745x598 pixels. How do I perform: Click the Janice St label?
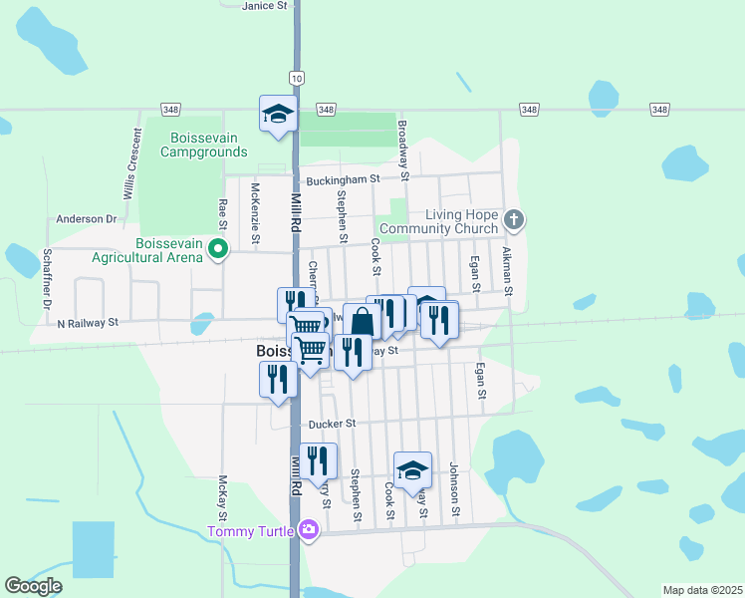coord(264,5)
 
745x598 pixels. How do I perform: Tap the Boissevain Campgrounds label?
coord(209,145)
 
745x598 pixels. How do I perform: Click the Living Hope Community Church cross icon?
coord(513,218)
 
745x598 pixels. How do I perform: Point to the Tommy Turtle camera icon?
coord(308,529)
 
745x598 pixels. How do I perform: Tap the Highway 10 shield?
coord(298,77)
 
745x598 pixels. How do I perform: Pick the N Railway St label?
coord(88,323)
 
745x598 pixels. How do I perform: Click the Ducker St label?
coord(332,424)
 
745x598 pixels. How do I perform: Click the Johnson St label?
coord(454,489)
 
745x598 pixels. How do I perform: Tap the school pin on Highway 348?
coord(278,114)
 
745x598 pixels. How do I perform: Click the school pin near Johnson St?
coord(412,471)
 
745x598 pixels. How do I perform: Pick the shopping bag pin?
coord(363,322)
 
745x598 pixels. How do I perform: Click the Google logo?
coord(33,586)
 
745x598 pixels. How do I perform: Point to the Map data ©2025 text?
coord(703,590)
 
